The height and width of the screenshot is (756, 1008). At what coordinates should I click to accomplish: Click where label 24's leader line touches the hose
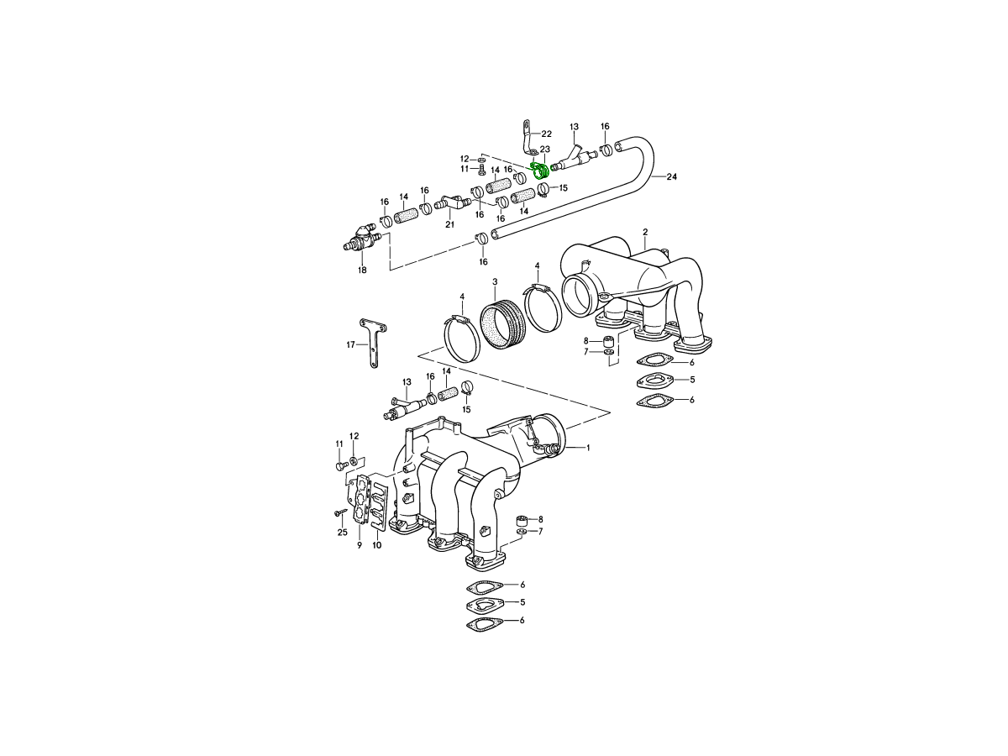(x=651, y=176)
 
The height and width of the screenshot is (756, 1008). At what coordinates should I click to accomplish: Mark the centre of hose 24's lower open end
(x=495, y=235)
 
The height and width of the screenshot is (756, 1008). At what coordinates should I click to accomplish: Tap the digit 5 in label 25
(x=345, y=533)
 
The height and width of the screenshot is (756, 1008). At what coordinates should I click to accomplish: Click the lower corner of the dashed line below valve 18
(x=391, y=270)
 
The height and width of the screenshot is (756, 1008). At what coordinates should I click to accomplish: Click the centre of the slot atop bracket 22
(x=527, y=124)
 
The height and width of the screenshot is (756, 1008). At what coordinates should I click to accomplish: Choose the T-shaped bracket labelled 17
(x=373, y=343)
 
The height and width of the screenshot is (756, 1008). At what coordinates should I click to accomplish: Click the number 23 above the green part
(x=544, y=150)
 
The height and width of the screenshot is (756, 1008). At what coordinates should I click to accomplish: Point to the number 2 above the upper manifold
(x=645, y=233)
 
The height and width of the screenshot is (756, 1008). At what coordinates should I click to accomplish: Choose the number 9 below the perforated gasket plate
(x=360, y=545)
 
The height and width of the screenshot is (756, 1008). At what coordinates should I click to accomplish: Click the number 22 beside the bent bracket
(x=547, y=134)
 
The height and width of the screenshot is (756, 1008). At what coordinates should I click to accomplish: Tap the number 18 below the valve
(x=362, y=270)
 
